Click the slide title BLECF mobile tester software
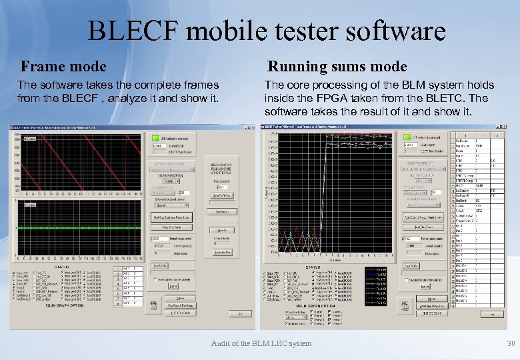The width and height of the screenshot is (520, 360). click(266, 31)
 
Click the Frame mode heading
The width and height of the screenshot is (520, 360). click(63, 66)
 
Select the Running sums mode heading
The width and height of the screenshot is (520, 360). click(337, 66)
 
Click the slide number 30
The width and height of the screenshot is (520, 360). click(511, 343)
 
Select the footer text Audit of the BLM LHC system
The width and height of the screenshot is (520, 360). click(261, 343)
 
